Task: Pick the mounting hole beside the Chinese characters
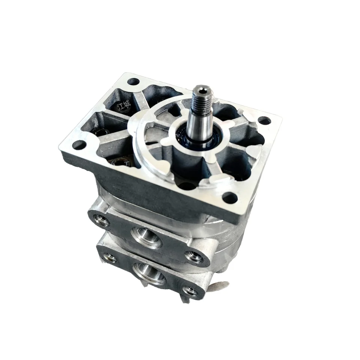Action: (133, 81)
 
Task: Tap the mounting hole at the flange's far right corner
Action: (264, 121)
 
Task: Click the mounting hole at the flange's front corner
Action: (230, 198)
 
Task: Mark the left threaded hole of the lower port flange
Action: (109, 257)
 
